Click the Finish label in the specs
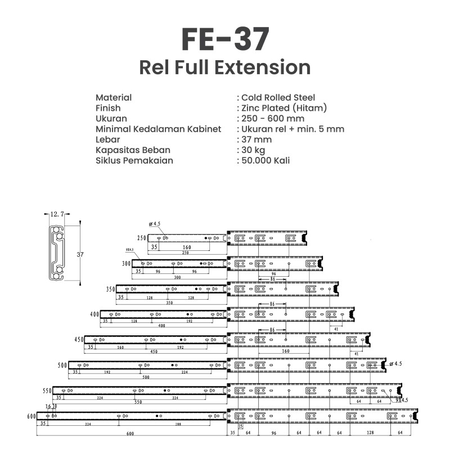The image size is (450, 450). tap(108, 108)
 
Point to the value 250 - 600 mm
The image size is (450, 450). tap(273, 118)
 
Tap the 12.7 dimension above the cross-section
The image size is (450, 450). tap(57, 214)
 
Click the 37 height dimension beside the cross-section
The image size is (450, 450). tap(80, 254)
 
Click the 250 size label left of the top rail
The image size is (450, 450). tap(141, 238)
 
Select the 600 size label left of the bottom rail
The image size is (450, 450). tap(31, 416)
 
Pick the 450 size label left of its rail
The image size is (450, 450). tap(79, 340)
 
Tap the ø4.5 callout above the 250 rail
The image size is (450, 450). tap(155, 224)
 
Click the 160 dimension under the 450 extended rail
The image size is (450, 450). tap(286, 350)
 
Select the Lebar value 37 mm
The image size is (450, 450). tap(256, 139)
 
